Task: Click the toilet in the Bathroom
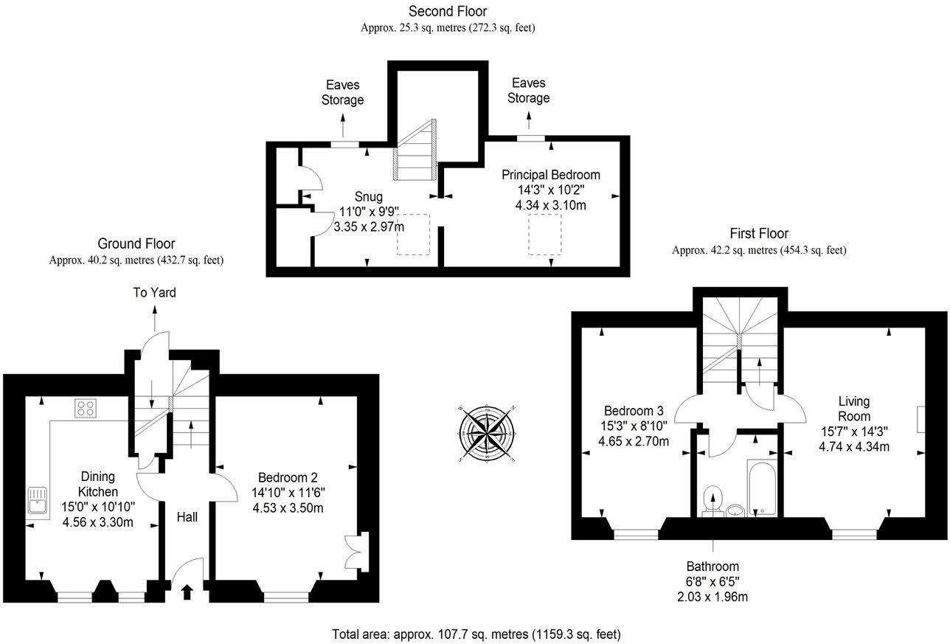(712, 500)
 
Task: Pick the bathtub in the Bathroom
(760, 488)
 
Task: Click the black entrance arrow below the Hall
(186, 590)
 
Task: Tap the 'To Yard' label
(154, 293)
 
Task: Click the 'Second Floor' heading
(448, 11)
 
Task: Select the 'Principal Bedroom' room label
(550, 175)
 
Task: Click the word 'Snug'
(369, 197)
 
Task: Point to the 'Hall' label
(187, 518)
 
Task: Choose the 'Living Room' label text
(854, 409)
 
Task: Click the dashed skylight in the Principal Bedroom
(541, 235)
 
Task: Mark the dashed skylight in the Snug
(411, 235)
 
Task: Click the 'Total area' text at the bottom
(476, 634)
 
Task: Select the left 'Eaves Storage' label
(342, 92)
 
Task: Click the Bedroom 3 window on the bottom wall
(636, 534)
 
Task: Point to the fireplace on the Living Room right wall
(920, 420)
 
